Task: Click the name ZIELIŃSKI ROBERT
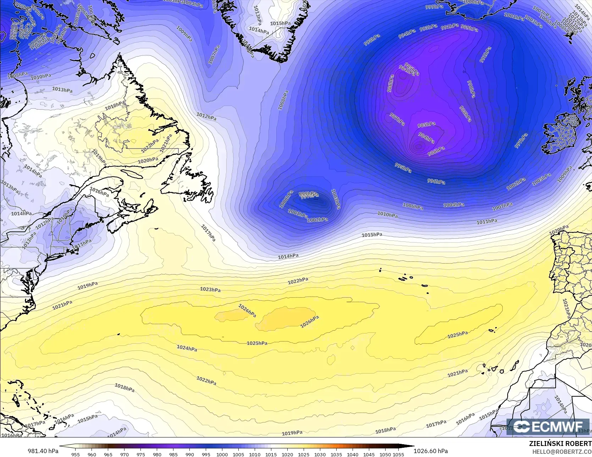click(x=560, y=444)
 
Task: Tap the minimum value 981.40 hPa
click(x=43, y=451)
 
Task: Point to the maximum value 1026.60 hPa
click(x=431, y=451)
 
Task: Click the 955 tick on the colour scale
click(x=76, y=454)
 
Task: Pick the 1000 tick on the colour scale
click(x=222, y=454)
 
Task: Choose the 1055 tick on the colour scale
click(x=398, y=454)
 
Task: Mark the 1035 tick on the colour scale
click(x=336, y=454)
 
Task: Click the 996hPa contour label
click(x=436, y=181)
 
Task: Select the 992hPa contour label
click(x=485, y=55)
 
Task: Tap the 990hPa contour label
click(x=471, y=89)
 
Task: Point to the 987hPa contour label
click(x=397, y=119)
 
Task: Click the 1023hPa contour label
click(x=210, y=289)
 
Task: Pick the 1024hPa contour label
click(x=187, y=348)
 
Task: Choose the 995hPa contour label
click(x=403, y=168)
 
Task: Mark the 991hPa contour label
click(x=449, y=27)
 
